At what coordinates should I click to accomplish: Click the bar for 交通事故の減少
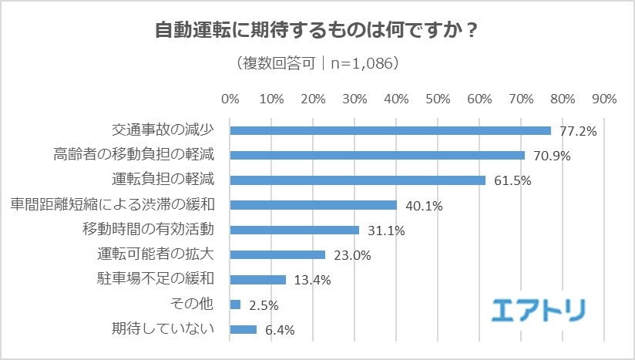[x=390, y=130]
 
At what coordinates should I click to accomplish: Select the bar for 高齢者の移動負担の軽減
[x=377, y=155]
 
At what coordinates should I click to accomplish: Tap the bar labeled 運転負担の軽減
[x=358, y=180]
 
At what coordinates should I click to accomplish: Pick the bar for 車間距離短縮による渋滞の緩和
[x=313, y=205]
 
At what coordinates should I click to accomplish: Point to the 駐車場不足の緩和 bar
[x=257, y=279]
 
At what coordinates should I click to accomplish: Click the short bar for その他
[x=235, y=304]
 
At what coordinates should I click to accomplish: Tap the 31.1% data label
[x=385, y=230]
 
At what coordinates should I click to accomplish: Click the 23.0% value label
[x=351, y=255]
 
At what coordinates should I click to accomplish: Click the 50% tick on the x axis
[x=438, y=99]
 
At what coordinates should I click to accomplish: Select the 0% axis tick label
[x=230, y=99]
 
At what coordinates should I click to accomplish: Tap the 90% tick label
[x=604, y=99]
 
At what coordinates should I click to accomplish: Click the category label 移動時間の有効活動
[x=153, y=230]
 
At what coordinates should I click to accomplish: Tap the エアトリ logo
[x=539, y=308]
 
